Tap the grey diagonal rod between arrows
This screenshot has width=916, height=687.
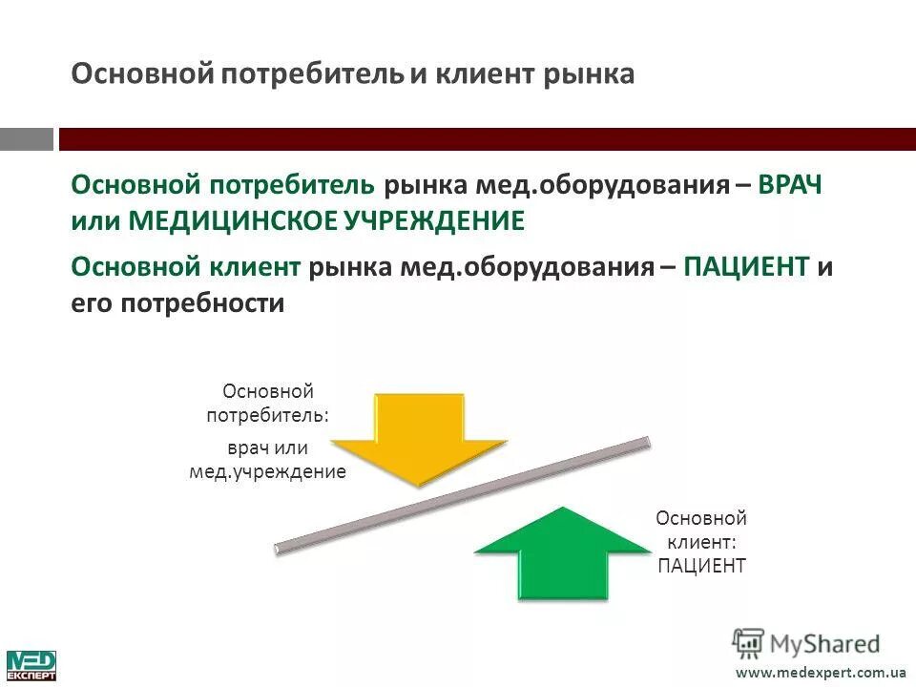463,495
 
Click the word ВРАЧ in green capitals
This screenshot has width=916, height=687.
790,185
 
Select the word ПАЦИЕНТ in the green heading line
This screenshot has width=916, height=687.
746,267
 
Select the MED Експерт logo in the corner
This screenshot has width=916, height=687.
31,665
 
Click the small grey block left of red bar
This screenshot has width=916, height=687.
27,139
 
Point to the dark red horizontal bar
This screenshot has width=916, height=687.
487,139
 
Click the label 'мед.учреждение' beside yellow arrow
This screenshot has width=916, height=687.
267,471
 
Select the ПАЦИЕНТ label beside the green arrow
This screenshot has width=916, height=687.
701,566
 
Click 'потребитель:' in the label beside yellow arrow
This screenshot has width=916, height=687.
268,415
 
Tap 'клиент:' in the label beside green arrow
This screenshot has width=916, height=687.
701,542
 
